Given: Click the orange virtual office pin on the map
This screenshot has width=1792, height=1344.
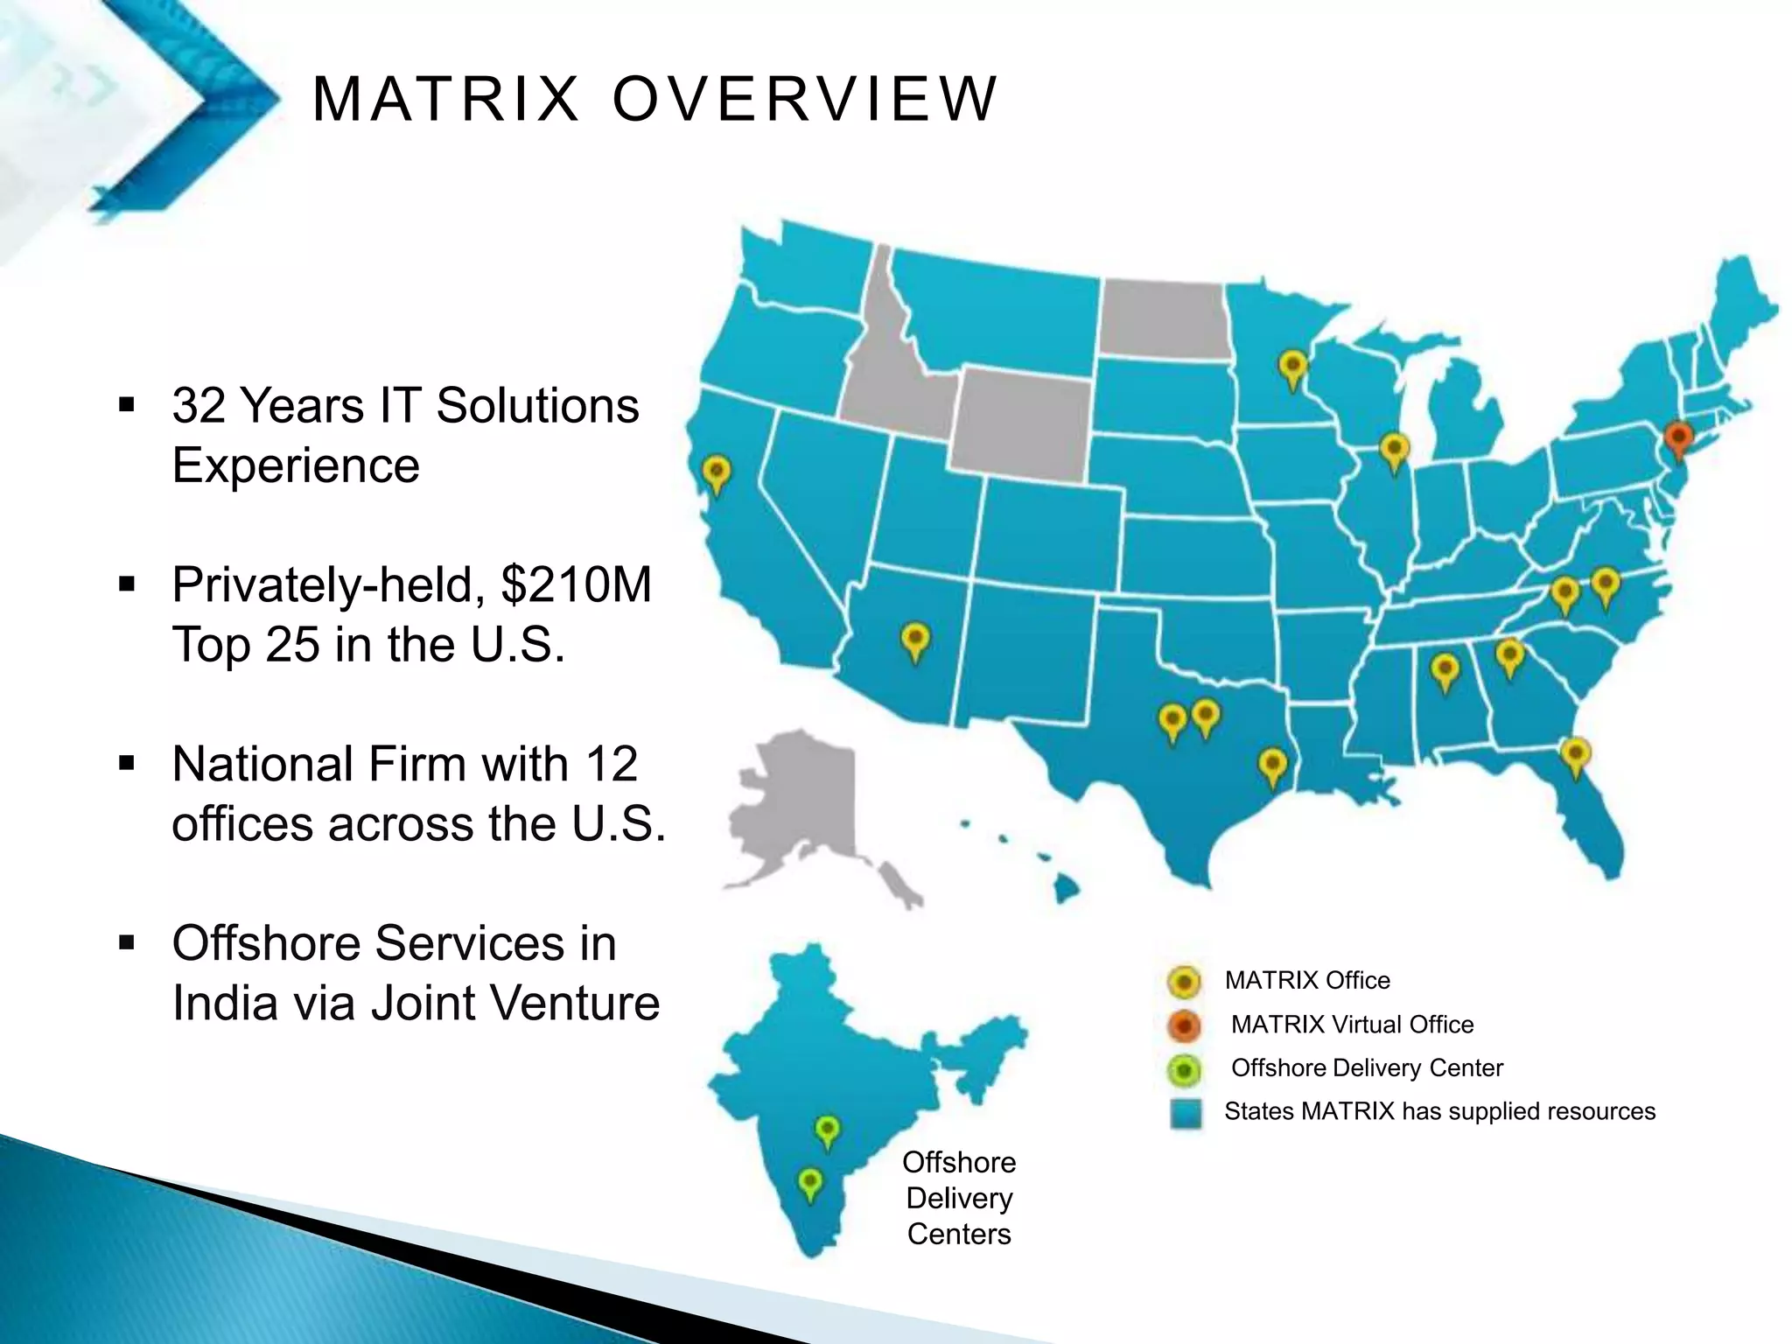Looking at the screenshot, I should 1677,437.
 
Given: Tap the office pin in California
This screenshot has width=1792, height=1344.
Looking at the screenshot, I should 717,473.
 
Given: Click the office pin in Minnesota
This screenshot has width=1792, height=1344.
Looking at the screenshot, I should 1292,367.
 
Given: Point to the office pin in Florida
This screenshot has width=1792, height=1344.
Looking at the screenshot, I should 1575,754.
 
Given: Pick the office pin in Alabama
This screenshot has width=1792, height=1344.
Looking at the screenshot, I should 1445,671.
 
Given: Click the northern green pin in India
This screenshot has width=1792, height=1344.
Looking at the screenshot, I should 827,1130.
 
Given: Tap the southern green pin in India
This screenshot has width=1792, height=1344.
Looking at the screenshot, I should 810,1183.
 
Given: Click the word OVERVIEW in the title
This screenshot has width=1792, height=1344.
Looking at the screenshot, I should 804,98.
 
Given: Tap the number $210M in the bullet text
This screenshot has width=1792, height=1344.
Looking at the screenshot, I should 576,584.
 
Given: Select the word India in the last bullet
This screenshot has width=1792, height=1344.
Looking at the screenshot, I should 222,1003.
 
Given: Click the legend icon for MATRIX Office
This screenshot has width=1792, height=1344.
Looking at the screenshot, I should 1184,982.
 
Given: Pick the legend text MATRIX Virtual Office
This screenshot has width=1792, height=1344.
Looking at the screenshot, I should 1352,1025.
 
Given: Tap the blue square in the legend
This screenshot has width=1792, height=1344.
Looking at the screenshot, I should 1185,1113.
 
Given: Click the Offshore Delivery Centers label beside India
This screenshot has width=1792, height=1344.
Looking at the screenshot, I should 959,1198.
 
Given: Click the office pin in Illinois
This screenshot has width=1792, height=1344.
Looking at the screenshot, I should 1394,451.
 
